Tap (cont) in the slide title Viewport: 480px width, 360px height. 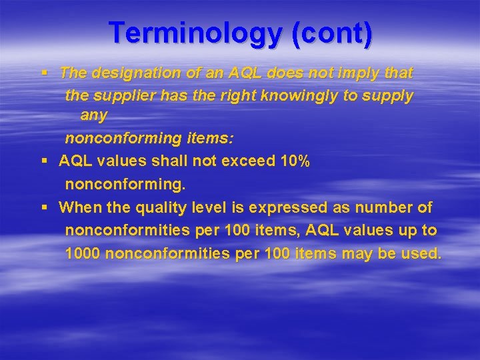[x=332, y=33]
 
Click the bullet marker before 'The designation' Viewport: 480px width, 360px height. [x=43, y=72]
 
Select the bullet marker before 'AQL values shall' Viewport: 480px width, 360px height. [x=43, y=161]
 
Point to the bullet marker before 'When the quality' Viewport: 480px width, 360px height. [x=43, y=207]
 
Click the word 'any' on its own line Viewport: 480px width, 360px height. [x=93, y=115]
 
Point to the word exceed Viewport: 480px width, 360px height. [x=242, y=161]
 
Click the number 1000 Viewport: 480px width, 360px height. [x=83, y=253]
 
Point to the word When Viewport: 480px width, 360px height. [x=79, y=207]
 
